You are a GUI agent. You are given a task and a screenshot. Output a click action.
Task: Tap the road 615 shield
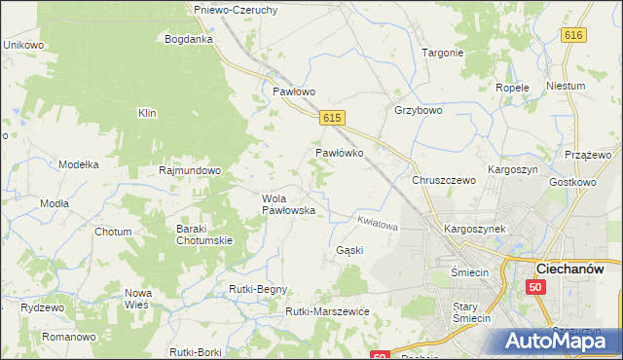tap(332, 117)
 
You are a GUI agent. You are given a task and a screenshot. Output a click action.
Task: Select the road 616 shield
tap(573, 35)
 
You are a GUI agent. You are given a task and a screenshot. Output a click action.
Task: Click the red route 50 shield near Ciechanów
tap(535, 287)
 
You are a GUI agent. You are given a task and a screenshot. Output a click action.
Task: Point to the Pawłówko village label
tap(339, 153)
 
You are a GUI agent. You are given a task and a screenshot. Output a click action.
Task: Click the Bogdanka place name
tap(189, 39)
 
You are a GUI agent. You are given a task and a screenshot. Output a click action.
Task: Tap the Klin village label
tap(147, 113)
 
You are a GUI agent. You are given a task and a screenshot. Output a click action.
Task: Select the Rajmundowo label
tap(190, 169)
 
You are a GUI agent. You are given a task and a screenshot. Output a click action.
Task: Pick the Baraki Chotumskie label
tap(202, 234)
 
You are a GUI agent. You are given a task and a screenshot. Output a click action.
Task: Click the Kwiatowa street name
tap(379, 224)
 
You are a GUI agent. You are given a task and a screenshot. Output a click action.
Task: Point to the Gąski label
tap(349, 250)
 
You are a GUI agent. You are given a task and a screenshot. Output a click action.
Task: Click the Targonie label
tap(442, 53)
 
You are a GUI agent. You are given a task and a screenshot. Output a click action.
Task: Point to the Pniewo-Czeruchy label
tap(237, 10)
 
